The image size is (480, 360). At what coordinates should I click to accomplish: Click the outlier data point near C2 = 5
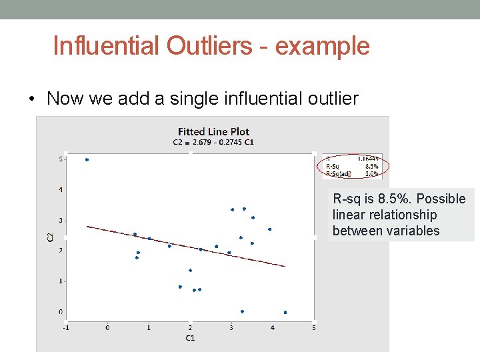[87, 160]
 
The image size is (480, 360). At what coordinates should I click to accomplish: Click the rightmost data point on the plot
[285, 312]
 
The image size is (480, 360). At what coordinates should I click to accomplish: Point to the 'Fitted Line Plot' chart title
[213, 131]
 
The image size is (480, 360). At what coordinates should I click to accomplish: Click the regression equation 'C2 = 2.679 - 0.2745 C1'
[213, 142]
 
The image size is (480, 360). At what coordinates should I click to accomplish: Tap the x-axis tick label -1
[65, 327]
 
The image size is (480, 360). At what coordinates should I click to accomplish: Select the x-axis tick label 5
[313, 327]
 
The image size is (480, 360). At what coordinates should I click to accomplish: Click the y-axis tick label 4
[61, 190]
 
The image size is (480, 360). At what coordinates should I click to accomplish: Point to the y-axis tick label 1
[61, 281]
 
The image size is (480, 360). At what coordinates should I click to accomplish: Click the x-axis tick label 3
[231, 327]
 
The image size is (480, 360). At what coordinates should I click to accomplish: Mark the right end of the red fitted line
[285, 266]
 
